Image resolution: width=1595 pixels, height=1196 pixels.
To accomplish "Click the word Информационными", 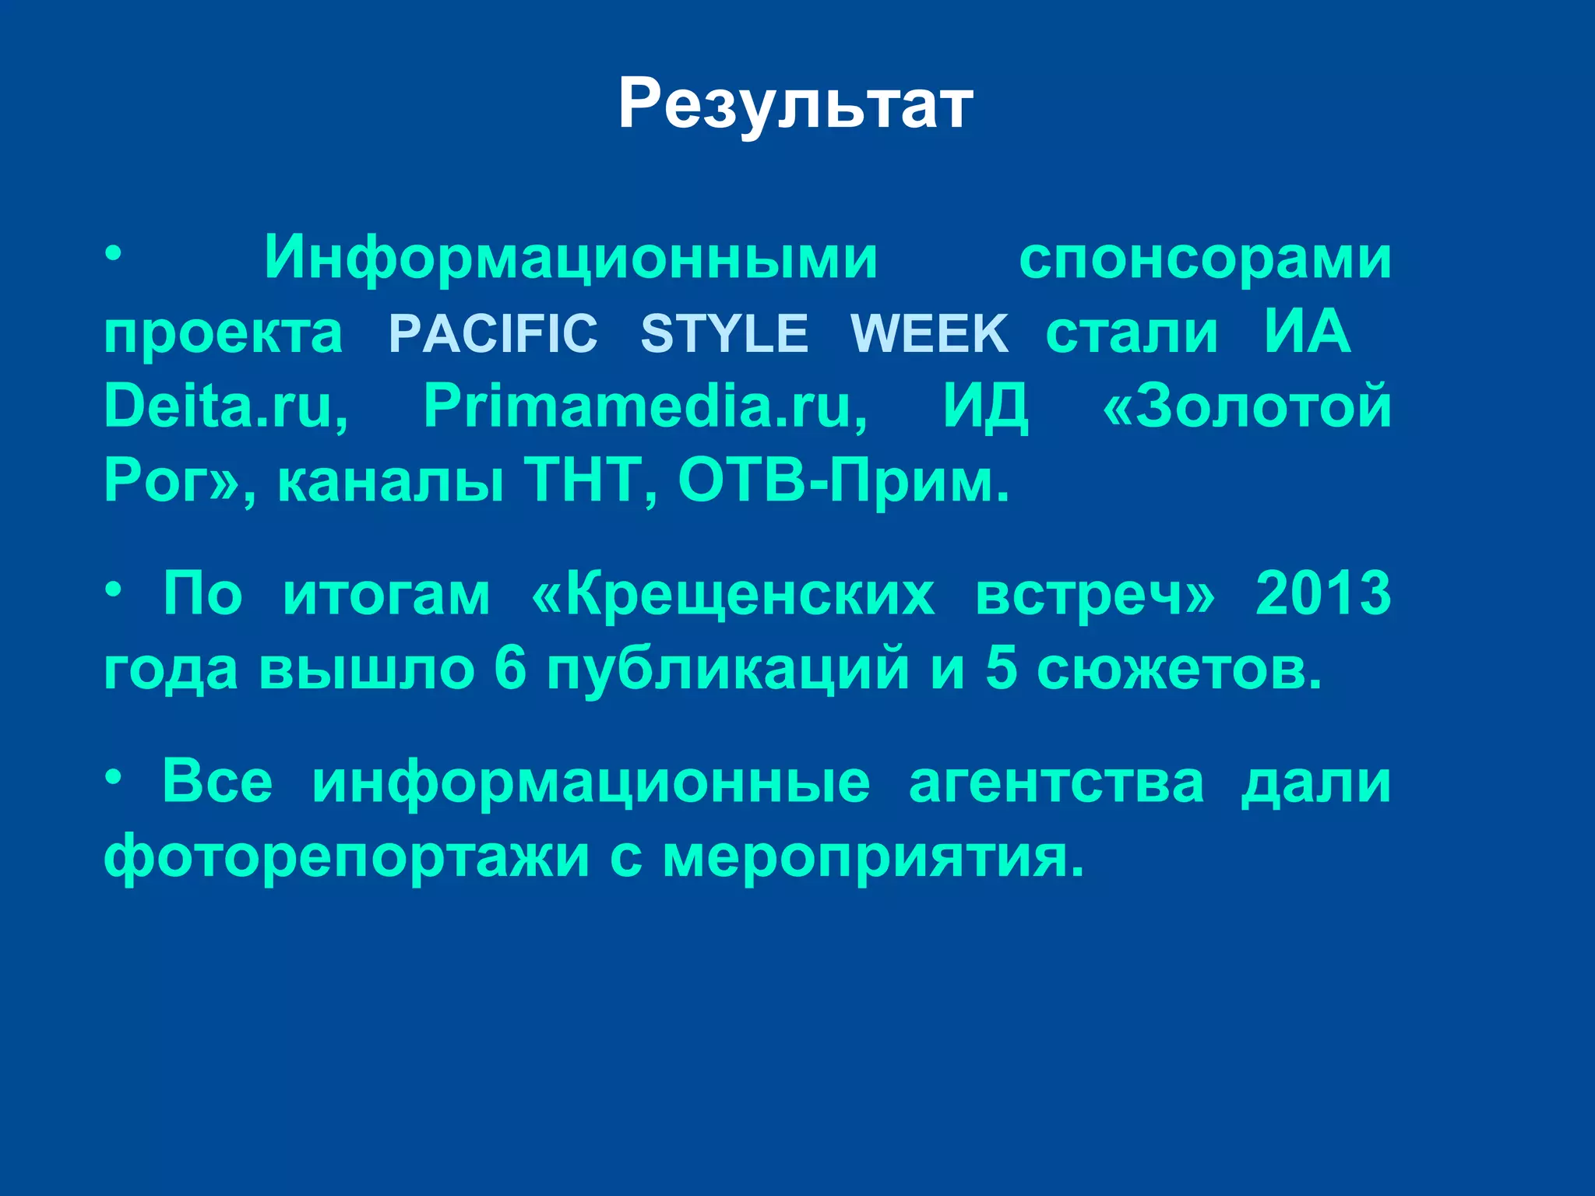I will click(x=571, y=259).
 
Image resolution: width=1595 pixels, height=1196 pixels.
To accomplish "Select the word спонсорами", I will click(x=1205, y=259).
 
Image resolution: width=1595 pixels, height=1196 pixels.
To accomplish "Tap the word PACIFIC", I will click(x=493, y=334).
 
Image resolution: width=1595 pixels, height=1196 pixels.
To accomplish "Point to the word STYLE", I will click(x=724, y=334).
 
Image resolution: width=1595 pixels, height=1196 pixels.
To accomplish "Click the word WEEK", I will click(x=929, y=334).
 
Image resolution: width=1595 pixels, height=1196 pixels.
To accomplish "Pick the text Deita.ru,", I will click(x=226, y=406).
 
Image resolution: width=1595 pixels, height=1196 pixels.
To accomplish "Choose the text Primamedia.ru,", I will click(x=646, y=406).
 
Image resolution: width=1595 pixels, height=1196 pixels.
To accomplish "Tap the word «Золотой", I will click(x=1247, y=406).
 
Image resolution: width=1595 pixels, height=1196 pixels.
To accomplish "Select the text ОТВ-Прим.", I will click(x=843, y=480).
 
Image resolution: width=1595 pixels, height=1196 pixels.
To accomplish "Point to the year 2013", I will click(x=1323, y=594).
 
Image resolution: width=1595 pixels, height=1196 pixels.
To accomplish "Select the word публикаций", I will click(x=727, y=670).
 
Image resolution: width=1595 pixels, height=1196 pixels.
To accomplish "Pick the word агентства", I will click(x=1056, y=783).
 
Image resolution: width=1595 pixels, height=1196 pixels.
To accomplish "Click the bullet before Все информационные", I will click(x=114, y=776).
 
